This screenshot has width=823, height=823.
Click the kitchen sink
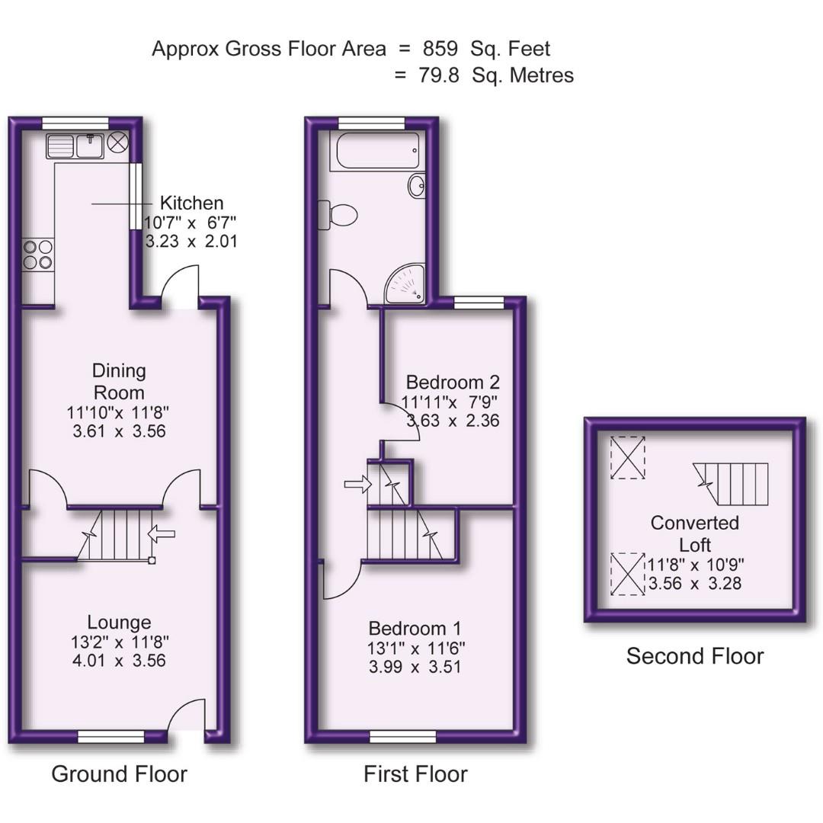(x=75, y=146)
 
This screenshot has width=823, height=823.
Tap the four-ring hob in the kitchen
(x=38, y=255)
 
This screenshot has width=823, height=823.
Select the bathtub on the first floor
(x=375, y=151)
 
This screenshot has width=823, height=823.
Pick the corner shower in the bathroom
(x=406, y=284)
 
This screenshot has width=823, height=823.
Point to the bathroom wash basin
(x=417, y=185)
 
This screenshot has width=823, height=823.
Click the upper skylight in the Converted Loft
(x=627, y=457)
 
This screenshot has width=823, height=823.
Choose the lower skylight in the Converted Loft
(x=627, y=575)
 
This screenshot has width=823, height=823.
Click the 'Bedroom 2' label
(x=452, y=382)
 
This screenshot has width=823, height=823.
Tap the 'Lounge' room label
(x=118, y=622)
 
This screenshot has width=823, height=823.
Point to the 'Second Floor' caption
(x=694, y=656)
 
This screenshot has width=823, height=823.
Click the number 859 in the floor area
(x=440, y=49)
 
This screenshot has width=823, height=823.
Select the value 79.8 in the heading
(x=439, y=75)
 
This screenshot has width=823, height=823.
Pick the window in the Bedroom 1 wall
(x=403, y=736)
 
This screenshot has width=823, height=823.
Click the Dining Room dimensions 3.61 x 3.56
(x=118, y=431)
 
